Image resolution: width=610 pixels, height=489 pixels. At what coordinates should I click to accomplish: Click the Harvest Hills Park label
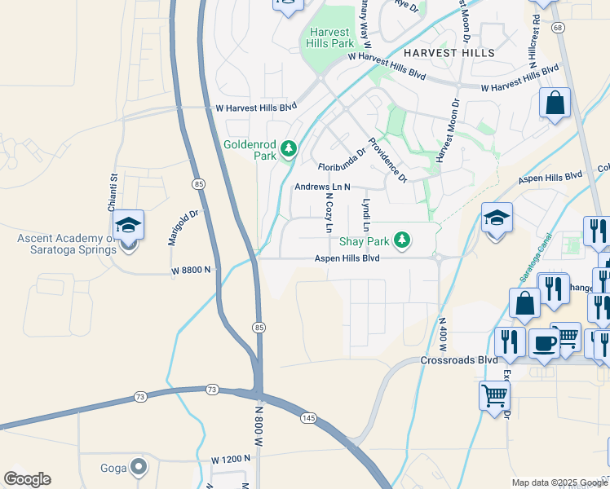tap(329, 38)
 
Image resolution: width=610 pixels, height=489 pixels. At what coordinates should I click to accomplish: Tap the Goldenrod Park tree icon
tap(287, 148)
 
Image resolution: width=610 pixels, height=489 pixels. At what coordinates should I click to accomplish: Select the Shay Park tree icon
tap(400, 240)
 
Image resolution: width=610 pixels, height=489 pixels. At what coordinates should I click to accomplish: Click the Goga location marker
tap(139, 466)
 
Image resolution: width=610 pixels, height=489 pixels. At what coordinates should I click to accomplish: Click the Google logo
tap(27, 479)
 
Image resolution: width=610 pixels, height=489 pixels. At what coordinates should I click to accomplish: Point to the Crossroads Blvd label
tap(459, 359)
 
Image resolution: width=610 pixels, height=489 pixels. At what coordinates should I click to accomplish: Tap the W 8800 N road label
tap(191, 270)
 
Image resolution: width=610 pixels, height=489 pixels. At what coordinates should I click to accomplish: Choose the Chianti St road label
tap(114, 189)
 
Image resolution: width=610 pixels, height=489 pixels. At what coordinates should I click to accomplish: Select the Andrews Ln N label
tap(322, 187)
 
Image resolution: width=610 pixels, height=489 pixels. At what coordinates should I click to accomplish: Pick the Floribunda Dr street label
tap(342, 164)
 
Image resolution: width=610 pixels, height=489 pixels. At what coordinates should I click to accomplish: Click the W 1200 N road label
tap(230, 460)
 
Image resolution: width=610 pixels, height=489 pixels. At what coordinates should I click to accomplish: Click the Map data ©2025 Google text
tap(559, 482)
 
